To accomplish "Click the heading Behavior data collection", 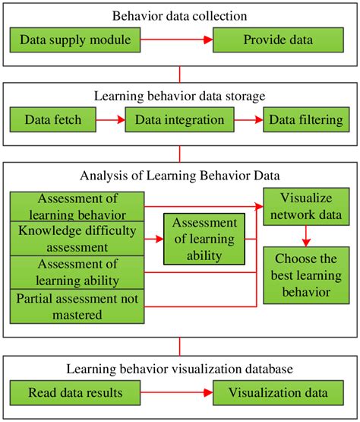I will [180, 14].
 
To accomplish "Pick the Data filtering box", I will [303, 119].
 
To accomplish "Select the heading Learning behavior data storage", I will [180, 97].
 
